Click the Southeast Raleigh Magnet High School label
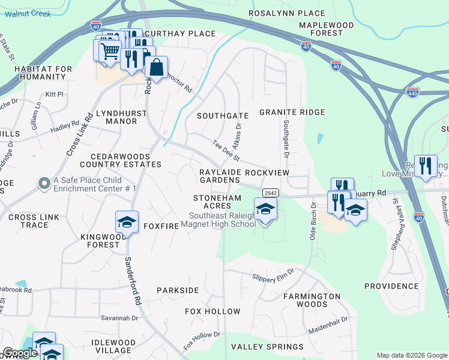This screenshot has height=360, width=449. click(x=222, y=220)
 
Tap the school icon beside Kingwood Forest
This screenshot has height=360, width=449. click(x=127, y=223)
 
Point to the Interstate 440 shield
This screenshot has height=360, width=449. click(x=412, y=92)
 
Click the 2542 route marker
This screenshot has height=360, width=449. click(x=270, y=192)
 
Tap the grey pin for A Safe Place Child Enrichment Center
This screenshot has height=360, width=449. click(x=43, y=184)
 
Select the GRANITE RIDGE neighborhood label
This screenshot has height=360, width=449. click(x=292, y=112)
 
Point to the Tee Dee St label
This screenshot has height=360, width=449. click(x=226, y=151)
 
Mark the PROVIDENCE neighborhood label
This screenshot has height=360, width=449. click(x=391, y=286)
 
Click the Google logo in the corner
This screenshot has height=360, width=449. click(x=20, y=353)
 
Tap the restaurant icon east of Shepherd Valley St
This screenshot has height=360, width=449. click(x=426, y=166)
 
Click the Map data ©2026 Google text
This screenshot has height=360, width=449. click(x=412, y=355)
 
